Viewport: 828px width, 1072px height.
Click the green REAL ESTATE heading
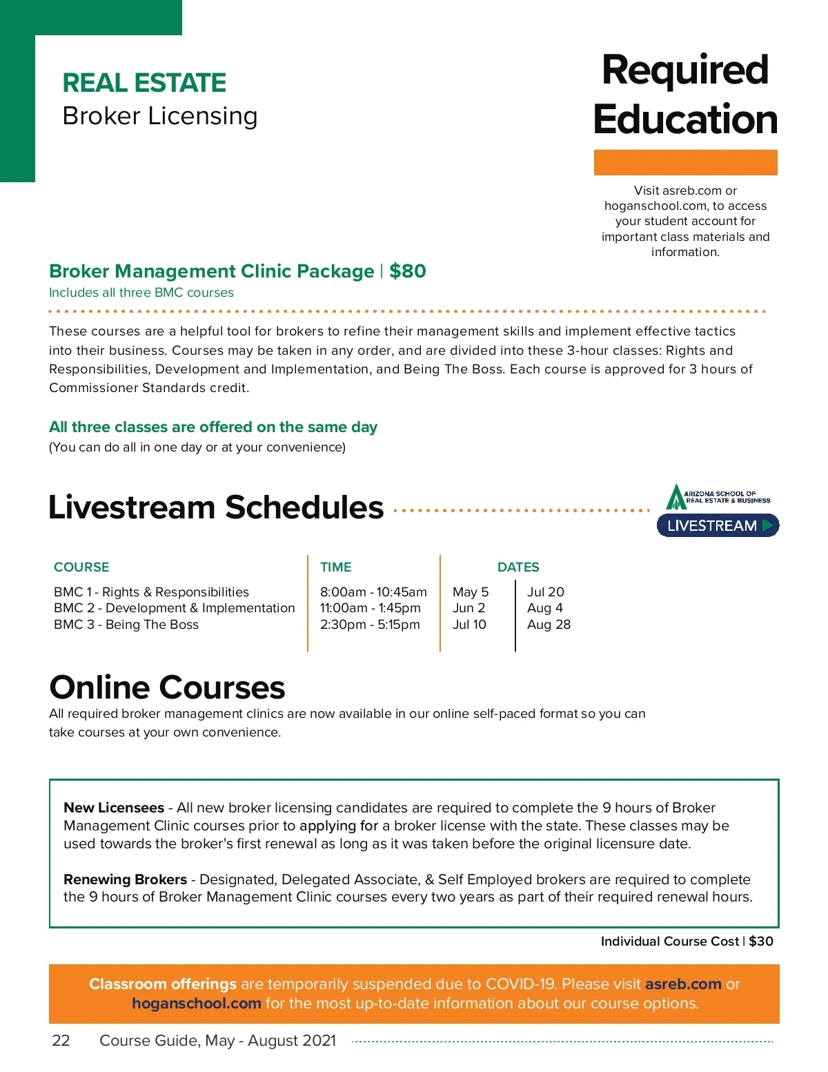click(x=144, y=83)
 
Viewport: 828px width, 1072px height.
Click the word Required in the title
click(x=684, y=70)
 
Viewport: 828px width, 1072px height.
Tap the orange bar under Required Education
click(x=685, y=162)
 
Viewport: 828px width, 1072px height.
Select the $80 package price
click(x=408, y=271)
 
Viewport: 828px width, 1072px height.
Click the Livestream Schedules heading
click(x=215, y=507)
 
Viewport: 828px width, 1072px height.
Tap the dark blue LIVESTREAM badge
click(x=718, y=525)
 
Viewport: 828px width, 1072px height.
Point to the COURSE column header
click(x=81, y=567)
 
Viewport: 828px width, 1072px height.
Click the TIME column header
click(x=335, y=567)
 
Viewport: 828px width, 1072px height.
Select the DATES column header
click(x=518, y=567)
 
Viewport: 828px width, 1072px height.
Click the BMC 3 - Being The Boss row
click(x=126, y=625)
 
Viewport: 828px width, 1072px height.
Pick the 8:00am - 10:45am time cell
click(x=373, y=592)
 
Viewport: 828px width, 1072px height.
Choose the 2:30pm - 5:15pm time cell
click(x=370, y=625)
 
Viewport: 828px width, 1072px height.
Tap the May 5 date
click(x=471, y=592)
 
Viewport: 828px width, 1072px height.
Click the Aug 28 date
click(x=549, y=625)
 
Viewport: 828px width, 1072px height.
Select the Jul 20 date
click(x=545, y=592)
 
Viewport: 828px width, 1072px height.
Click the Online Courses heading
click(x=167, y=688)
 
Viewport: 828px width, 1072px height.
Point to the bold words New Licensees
click(x=114, y=808)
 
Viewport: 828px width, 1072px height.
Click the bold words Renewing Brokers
click(x=125, y=879)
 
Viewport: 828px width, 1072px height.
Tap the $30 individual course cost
click(x=761, y=942)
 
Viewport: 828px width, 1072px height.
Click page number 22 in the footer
click(x=61, y=1041)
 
